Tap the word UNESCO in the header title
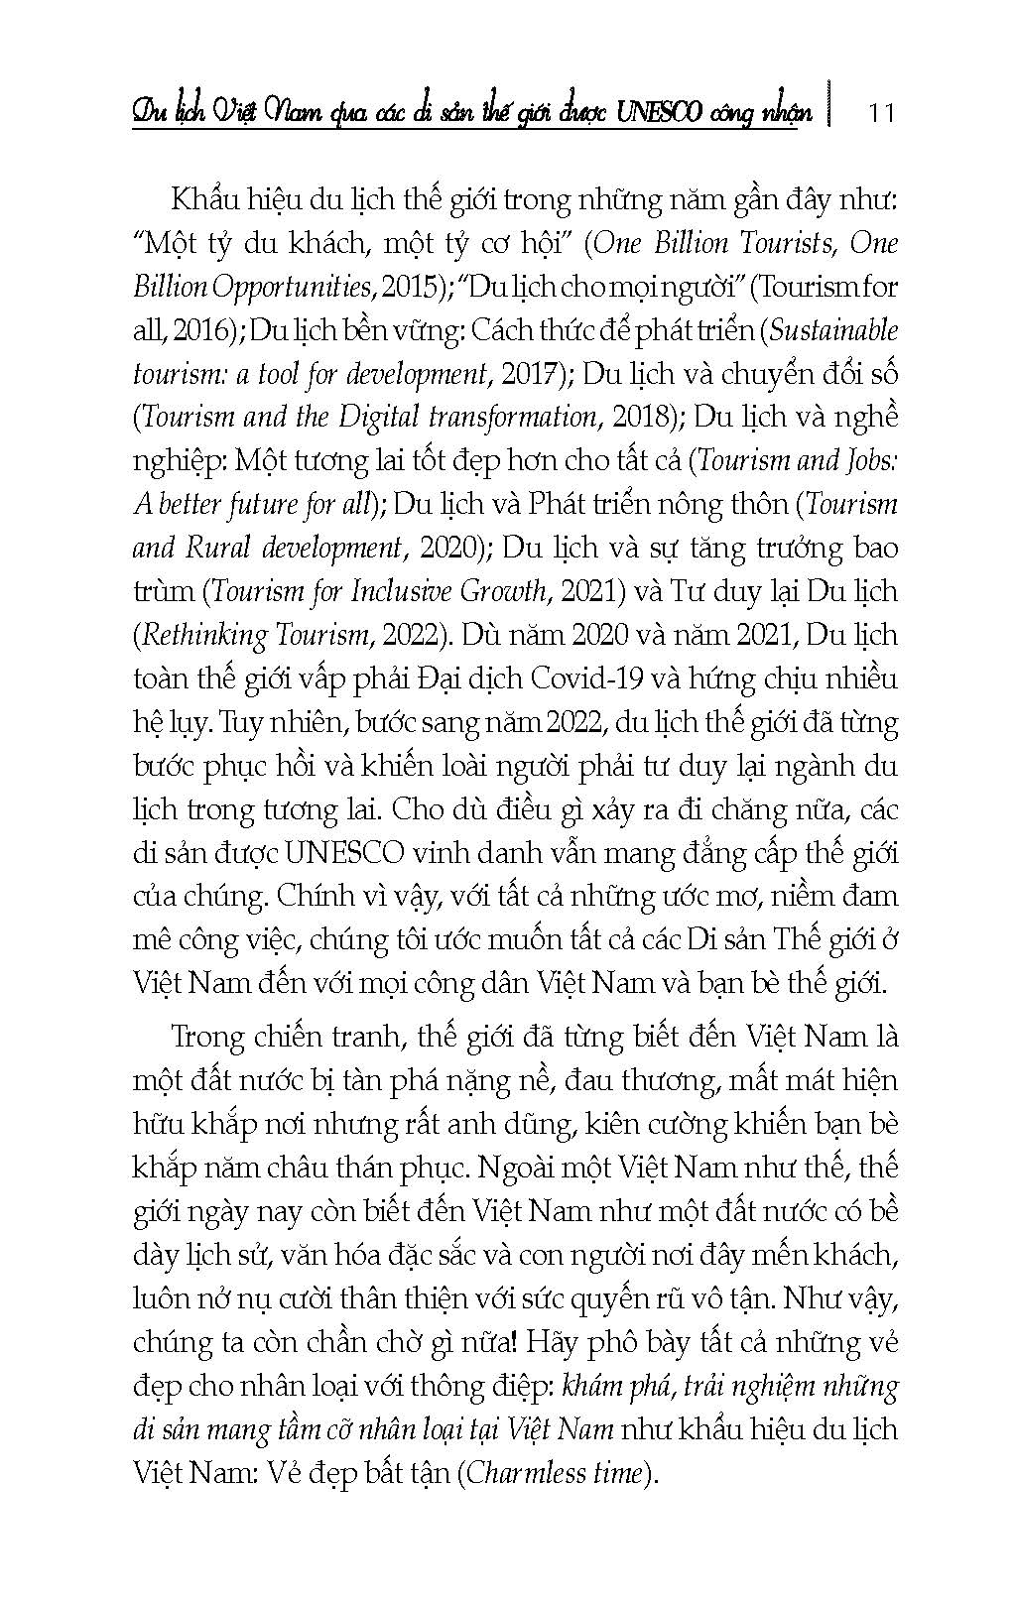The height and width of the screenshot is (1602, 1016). (x=657, y=111)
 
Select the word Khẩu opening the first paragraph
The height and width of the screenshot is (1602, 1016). (x=205, y=200)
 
